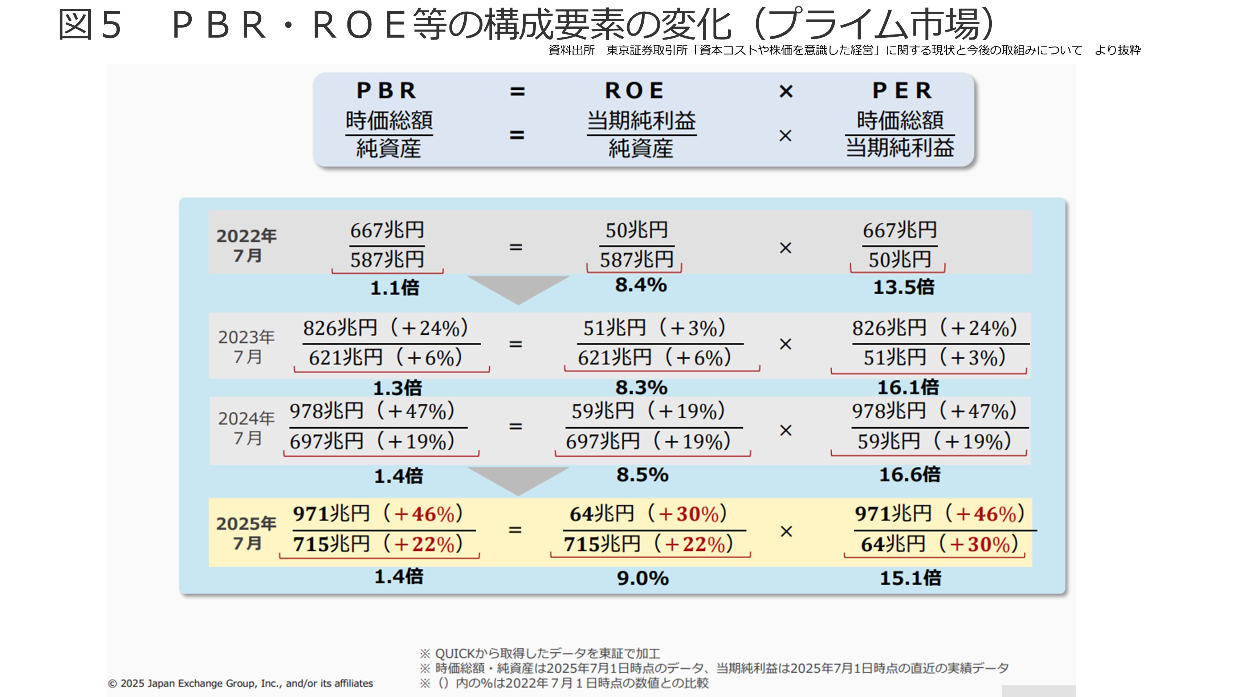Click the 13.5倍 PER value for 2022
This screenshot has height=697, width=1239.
[x=903, y=287]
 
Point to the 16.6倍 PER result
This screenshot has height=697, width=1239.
[x=909, y=475]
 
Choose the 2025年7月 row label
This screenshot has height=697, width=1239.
[x=246, y=533]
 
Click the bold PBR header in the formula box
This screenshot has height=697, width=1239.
[x=387, y=90]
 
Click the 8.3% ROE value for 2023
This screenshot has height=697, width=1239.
[x=641, y=387]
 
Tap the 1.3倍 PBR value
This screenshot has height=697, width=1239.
[x=397, y=388]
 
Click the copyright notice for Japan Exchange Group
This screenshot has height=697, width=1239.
[x=240, y=683]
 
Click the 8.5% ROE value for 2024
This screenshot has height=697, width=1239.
[x=642, y=475]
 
